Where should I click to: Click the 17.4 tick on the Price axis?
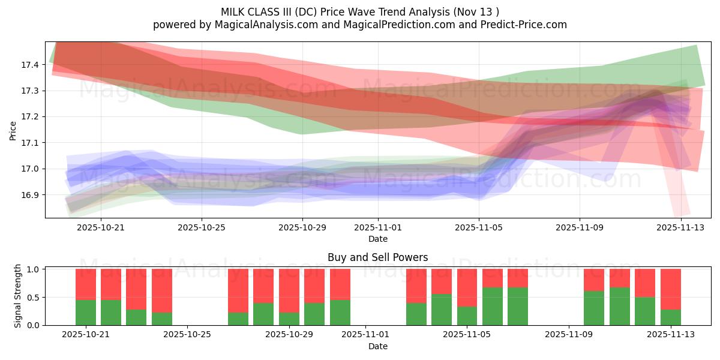(x=31, y=64)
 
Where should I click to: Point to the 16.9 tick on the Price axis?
(x=31, y=195)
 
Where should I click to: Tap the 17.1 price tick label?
(x=31, y=143)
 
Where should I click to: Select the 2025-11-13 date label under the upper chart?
(x=680, y=227)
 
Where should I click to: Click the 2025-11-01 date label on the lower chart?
(x=365, y=335)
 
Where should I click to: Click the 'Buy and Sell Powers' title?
(x=377, y=257)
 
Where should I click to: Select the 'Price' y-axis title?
(x=13, y=130)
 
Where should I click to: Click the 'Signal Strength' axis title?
(x=18, y=296)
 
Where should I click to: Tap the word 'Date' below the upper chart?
(x=377, y=239)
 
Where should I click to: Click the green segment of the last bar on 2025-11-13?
(x=670, y=317)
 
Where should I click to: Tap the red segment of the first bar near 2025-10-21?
(x=86, y=284)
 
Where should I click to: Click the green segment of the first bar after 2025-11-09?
(x=594, y=308)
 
